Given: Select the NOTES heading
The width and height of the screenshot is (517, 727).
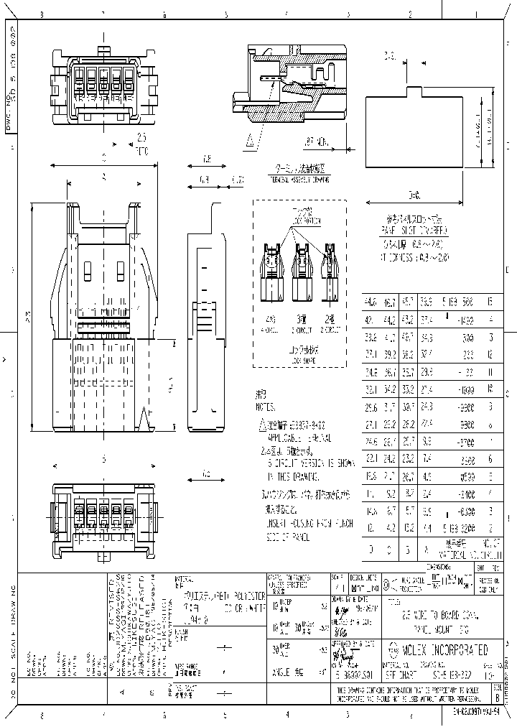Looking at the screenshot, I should point(266,405).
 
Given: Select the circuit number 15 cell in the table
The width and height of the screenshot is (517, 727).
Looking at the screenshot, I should point(490,302).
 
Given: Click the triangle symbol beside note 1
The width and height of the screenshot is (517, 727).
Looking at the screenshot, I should point(263,425).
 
